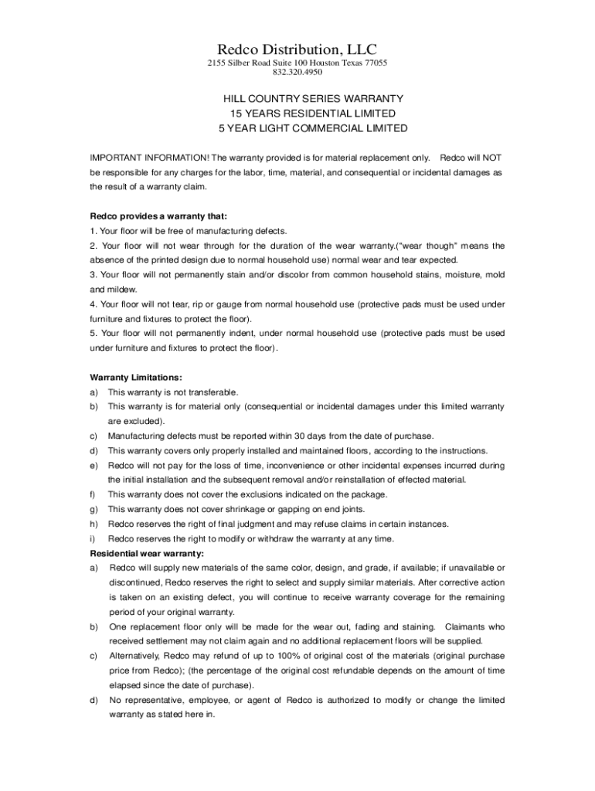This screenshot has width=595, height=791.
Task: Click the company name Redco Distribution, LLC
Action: [x=297, y=49]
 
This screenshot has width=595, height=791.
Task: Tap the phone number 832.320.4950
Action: [x=297, y=73]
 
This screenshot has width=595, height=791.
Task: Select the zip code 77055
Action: [x=376, y=63]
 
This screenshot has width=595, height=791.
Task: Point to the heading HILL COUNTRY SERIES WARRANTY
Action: [x=314, y=99]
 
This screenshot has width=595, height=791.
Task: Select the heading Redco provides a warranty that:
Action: [x=151, y=216]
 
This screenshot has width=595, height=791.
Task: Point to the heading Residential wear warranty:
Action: [x=147, y=553]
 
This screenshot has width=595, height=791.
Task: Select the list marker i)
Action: [x=93, y=538]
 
